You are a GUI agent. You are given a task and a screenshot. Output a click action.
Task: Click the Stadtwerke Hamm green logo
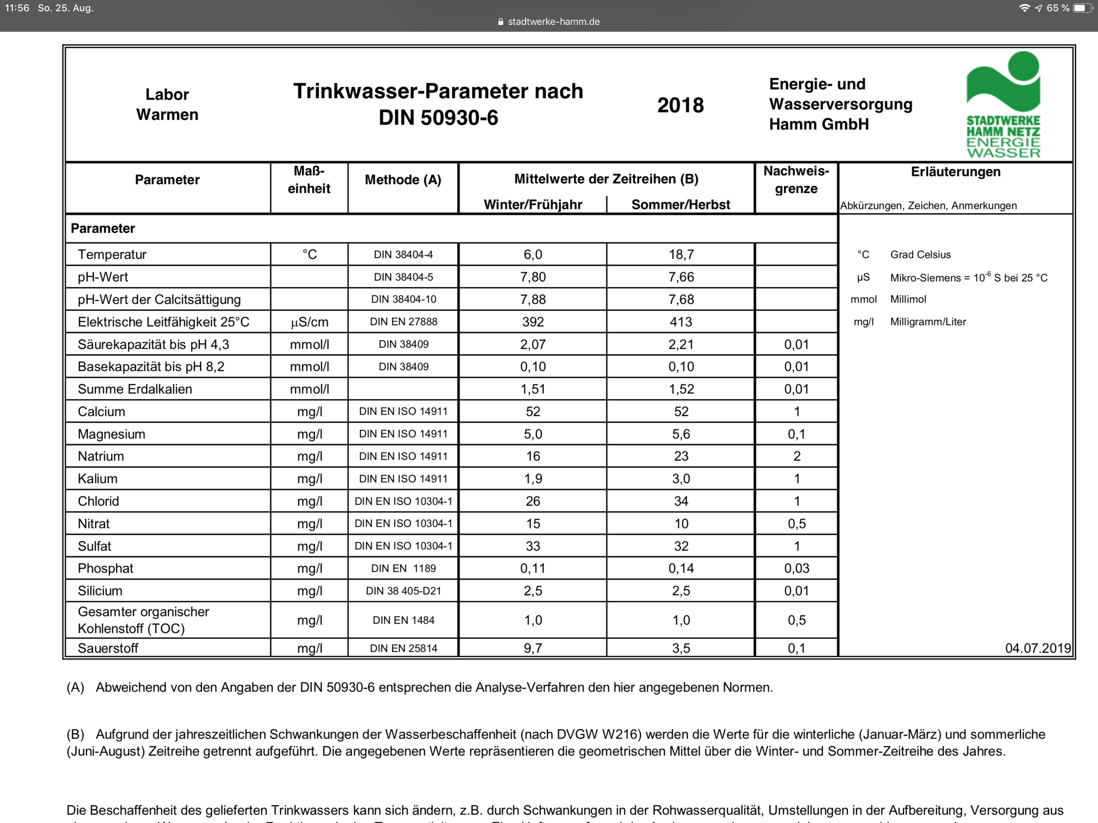tap(1003, 104)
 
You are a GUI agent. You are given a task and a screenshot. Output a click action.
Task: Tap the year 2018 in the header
tap(680, 105)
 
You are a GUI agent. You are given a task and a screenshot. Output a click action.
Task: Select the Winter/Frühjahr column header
tap(533, 205)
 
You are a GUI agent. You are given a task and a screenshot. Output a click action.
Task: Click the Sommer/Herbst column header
tap(680, 205)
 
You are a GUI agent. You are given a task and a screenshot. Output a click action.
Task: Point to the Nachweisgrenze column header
tap(796, 180)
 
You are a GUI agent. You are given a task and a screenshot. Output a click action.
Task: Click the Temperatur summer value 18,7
tap(681, 255)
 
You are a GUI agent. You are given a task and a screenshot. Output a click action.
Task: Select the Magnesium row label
tap(112, 434)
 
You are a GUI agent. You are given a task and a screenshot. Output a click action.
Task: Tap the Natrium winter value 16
tap(533, 456)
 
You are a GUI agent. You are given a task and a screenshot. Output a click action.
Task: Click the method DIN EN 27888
tap(404, 321)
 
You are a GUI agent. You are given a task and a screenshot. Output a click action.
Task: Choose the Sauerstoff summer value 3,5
tap(681, 648)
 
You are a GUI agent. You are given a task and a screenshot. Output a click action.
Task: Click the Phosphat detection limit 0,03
tap(797, 568)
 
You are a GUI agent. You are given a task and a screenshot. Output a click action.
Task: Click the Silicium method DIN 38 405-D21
tap(404, 591)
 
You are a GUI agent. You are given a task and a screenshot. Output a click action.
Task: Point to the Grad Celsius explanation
tap(920, 255)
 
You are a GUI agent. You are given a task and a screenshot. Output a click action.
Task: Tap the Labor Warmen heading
tap(167, 104)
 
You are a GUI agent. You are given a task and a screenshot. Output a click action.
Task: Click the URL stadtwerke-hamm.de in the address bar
tap(553, 22)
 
